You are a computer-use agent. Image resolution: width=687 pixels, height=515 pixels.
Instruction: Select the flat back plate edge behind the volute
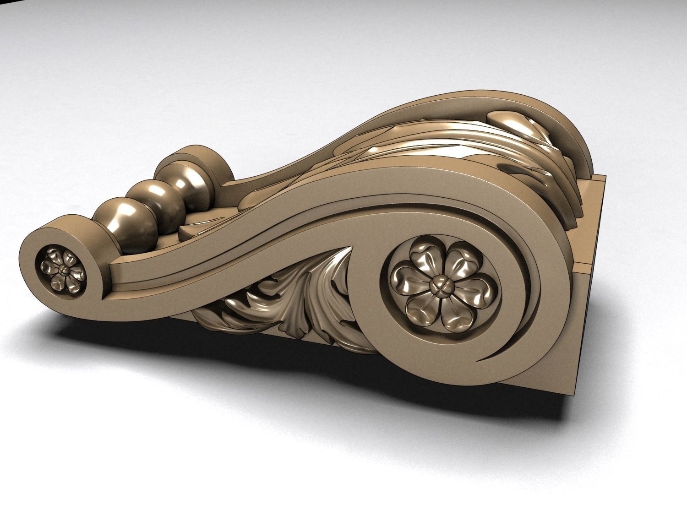pyautogui.click(x=595, y=238)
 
